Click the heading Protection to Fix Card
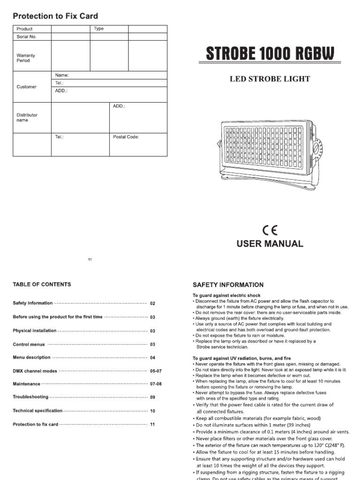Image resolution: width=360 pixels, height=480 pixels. point(55,16)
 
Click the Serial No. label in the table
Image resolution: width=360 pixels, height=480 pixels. point(26,37)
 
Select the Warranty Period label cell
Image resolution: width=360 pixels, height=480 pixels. point(26,58)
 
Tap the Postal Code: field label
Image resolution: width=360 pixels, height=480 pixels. point(126,137)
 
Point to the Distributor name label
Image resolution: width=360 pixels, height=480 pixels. point(27,117)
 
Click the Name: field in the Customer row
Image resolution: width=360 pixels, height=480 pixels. point(62,75)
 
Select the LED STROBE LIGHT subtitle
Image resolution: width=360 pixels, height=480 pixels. point(270,79)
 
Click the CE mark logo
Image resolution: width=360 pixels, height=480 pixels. point(270,230)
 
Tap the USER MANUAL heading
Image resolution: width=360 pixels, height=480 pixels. point(270,244)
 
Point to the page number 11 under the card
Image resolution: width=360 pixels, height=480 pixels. point(90,260)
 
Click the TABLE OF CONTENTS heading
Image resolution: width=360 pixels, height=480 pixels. point(42,284)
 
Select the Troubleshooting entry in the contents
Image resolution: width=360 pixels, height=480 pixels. point(30,397)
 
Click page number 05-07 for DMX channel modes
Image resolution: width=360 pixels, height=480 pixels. point(156,371)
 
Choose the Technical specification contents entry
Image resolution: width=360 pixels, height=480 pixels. point(37,411)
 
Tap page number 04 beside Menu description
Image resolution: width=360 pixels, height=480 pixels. point(152,358)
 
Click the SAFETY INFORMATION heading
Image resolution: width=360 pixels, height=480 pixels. point(228,285)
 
